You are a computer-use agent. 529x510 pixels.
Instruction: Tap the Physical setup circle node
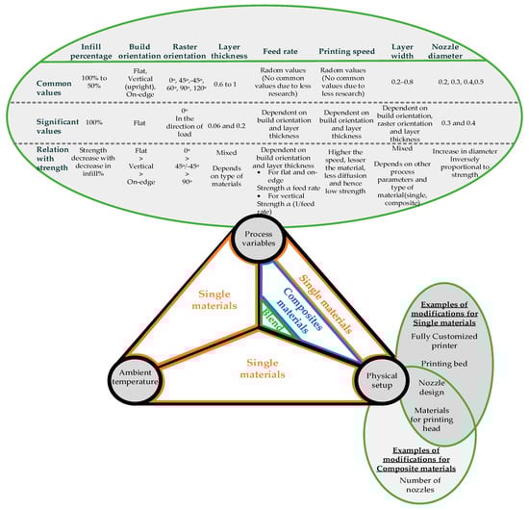(382, 374)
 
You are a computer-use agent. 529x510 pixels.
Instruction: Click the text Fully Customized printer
(450, 339)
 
